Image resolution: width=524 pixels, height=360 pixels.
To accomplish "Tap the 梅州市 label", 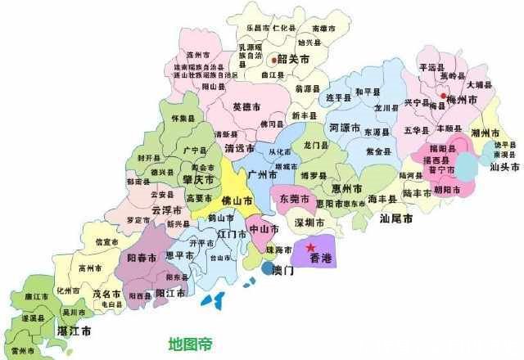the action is [467, 99].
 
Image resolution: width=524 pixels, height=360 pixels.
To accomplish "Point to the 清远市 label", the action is [239, 148].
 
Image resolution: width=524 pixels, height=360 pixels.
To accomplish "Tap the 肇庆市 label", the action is [198, 178].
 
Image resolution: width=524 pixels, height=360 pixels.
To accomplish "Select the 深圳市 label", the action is [309, 223].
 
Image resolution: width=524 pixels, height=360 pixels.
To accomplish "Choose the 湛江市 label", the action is [74, 331].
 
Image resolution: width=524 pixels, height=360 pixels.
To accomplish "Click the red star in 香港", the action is [310, 247].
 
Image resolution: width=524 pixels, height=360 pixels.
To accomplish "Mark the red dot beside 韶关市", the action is [273, 59].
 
